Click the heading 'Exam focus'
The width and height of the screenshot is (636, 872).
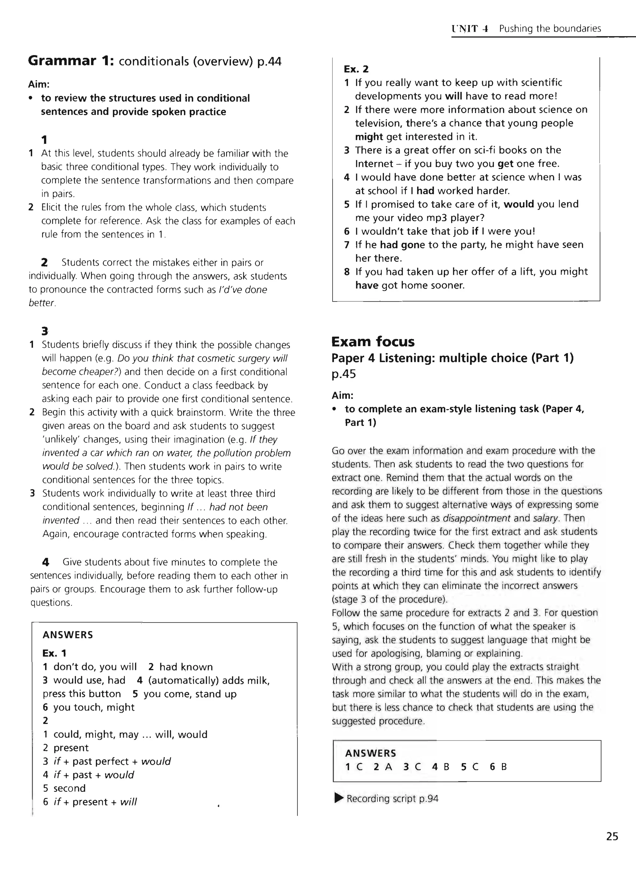[373, 342]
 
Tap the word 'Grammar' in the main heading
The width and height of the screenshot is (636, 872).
[62, 61]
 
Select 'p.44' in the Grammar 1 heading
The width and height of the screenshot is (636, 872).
[269, 61]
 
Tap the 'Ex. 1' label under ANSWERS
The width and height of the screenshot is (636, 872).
[54, 653]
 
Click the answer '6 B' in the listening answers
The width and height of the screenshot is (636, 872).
[498, 767]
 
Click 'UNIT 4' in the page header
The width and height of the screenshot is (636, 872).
[470, 29]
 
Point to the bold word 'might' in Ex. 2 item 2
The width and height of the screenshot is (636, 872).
[368, 137]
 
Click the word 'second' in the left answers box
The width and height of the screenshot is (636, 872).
[69, 788]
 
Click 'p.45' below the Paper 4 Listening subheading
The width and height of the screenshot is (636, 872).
[343, 374]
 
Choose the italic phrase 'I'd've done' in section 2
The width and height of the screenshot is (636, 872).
[243, 290]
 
